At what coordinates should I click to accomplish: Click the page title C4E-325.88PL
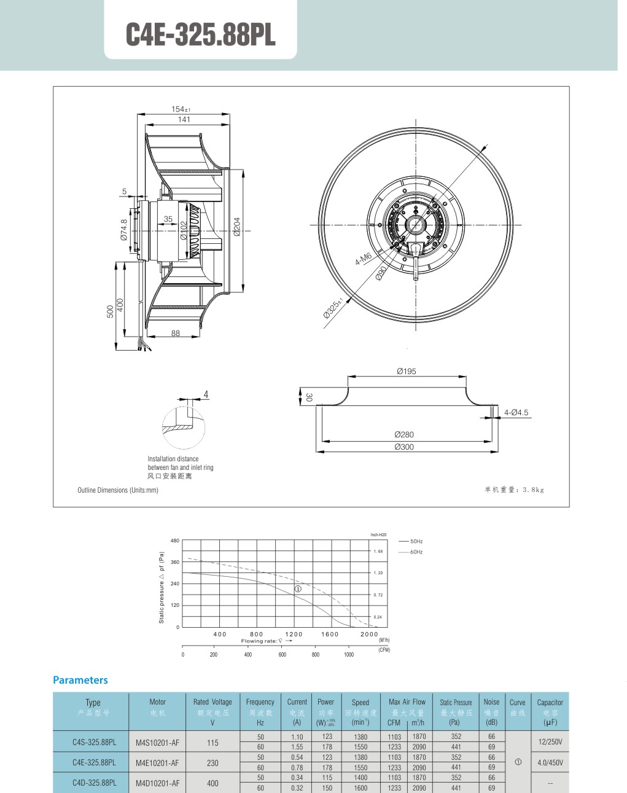pyautogui.click(x=200, y=35)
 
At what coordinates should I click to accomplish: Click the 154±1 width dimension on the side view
pyautogui.click(x=181, y=109)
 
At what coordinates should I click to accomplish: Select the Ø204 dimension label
pyautogui.click(x=237, y=225)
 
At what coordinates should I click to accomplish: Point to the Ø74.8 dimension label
pyautogui.click(x=124, y=229)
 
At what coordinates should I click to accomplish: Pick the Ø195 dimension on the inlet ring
pyautogui.click(x=406, y=371)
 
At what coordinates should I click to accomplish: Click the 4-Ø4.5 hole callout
pyautogui.click(x=516, y=412)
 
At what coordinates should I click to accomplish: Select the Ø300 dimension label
pyautogui.click(x=404, y=447)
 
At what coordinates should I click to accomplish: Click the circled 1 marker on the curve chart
pyautogui.click(x=298, y=588)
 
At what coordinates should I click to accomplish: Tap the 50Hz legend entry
pyautogui.click(x=416, y=541)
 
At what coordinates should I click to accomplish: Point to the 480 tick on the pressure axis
pyautogui.click(x=175, y=541)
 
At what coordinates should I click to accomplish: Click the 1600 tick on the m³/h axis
pyautogui.click(x=330, y=634)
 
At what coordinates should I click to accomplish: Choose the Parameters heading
pyautogui.click(x=80, y=680)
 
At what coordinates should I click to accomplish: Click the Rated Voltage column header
pyautogui.click(x=212, y=701)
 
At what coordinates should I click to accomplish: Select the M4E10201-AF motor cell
pyautogui.click(x=158, y=763)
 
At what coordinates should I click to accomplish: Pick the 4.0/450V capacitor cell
pyautogui.click(x=550, y=762)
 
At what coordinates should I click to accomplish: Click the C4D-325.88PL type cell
pyautogui.click(x=94, y=783)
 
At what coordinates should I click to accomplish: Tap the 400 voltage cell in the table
pyautogui.click(x=212, y=783)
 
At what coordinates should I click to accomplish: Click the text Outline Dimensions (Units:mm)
pyautogui.click(x=118, y=490)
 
